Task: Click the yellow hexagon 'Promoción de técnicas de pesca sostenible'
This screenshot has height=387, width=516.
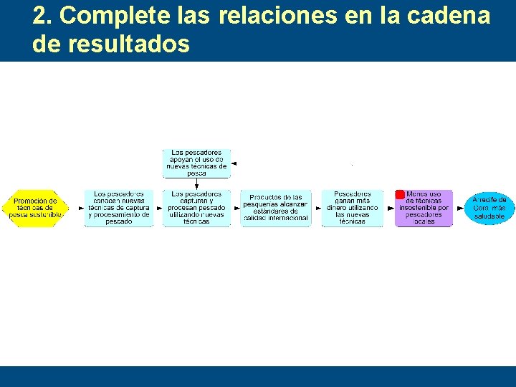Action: pyautogui.click(x=34, y=209)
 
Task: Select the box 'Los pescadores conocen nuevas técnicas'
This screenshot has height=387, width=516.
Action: pyautogui.click(x=119, y=208)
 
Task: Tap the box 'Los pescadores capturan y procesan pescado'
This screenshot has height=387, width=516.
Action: pyautogui.click(x=196, y=208)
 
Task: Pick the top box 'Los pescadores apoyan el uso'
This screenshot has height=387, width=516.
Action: pyautogui.click(x=196, y=163)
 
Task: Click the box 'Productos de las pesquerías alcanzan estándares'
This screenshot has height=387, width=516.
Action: pyautogui.click(x=276, y=208)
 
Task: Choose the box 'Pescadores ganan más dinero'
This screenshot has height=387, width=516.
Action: pyautogui.click(x=353, y=208)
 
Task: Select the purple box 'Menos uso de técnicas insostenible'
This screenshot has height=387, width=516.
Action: pyautogui.click(x=424, y=208)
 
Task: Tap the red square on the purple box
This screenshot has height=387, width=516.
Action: pyautogui.click(x=400, y=195)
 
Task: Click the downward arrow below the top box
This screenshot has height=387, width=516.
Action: pyautogui.click(x=196, y=183)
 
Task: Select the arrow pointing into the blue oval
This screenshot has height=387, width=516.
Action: pyautogui.click(x=459, y=208)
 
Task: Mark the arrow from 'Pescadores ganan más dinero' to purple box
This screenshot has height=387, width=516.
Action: pyautogui.click(x=389, y=208)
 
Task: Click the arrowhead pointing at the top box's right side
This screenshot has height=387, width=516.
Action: pyautogui.click(x=234, y=163)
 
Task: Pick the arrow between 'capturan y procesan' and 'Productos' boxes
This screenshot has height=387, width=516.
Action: pyautogui.click(x=236, y=208)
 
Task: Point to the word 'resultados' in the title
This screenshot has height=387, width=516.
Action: pyautogui.click(x=128, y=44)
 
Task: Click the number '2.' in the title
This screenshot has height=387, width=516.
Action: pyautogui.click(x=42, y=16)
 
